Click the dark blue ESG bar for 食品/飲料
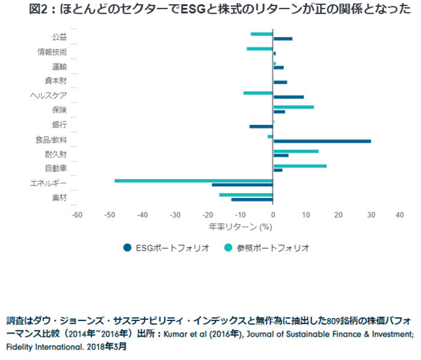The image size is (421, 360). [322, 141]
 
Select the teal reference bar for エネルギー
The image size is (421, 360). [194, 180]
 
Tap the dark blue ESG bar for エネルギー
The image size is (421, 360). [242, 185]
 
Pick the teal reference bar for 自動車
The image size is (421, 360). [300, 165]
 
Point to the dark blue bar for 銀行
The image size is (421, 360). [261, 126]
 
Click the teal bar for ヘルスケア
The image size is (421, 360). [258, 93]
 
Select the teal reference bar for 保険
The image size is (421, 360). [293, 107]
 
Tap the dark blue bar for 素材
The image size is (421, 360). [252, 200]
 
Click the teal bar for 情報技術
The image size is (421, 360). [260, 48]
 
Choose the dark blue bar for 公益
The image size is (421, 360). [283, 39]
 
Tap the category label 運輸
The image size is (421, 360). [59, 66]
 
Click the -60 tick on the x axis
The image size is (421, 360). [76, 215]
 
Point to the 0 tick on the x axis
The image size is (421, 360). [273, 215]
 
